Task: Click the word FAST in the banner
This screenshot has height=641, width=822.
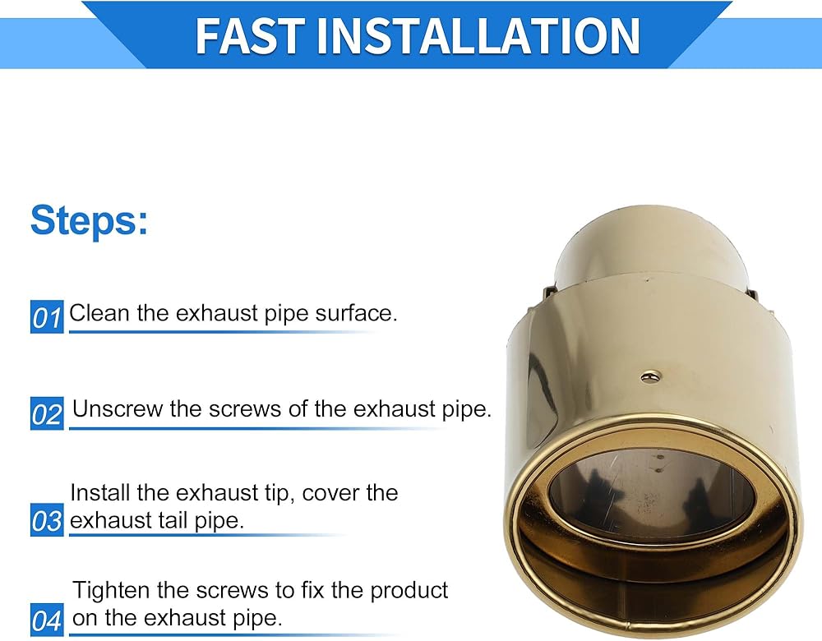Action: [x=249, y=35]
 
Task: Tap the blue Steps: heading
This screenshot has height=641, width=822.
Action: [x=89, y=220]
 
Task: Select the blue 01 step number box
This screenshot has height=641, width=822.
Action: [x=47, y=316]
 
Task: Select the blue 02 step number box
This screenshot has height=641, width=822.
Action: [x=47, y=413]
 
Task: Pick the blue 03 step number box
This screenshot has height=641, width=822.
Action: [x=47, y=520]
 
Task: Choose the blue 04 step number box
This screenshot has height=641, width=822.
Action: [x=47, y=620]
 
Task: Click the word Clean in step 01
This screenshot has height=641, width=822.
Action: [x=99, y=313]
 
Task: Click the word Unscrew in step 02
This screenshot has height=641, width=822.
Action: [x=118, y=408]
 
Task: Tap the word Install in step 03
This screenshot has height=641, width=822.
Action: [x=100, y=493]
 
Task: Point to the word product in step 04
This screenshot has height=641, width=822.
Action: [x=409, y=591]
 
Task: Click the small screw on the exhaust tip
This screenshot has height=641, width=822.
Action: [x=650, y=376]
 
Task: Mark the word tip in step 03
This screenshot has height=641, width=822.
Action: [x=275, y=494]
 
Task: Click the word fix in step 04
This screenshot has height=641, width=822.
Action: [x=313, y=590]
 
